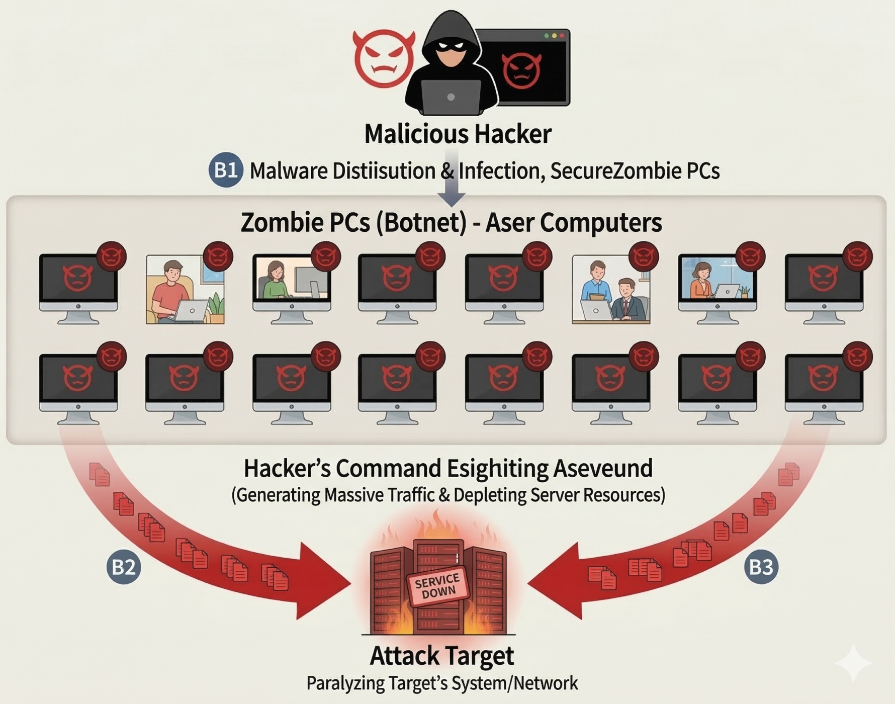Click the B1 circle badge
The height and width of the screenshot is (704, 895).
coord(226,170)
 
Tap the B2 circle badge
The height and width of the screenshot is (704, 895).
coord(124,567)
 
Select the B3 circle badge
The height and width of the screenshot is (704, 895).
coord(761,567)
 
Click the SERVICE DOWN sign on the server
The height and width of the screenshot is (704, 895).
coord(437,585)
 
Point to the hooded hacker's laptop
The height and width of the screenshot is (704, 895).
coord(451,97)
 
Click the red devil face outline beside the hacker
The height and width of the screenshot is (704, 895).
coord(384,58)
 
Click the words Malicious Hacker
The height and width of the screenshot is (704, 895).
coord(458,134)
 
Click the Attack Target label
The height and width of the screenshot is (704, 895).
coord(442,656)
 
